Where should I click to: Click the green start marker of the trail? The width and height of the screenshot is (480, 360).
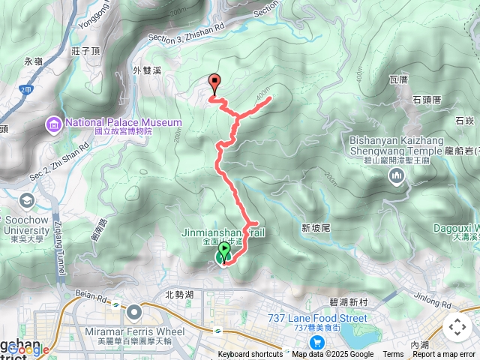point(223,256)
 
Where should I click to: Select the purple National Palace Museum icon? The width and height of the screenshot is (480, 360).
point(53,122)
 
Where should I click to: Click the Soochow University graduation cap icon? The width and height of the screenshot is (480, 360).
point(27,200)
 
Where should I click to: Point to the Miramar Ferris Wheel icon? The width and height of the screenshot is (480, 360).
point(134,310)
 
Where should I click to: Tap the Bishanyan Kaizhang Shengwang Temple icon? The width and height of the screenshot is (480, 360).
point(397,175)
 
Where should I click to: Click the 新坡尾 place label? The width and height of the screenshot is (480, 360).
point(316,228)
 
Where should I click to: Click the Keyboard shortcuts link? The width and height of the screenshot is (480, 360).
point(250,355)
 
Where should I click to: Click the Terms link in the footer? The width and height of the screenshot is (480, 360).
point(393,355)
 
